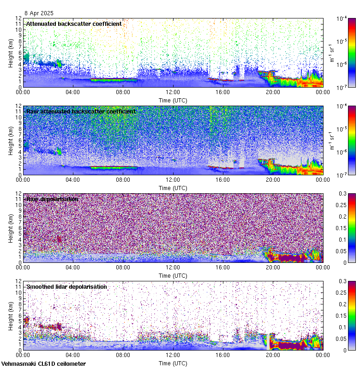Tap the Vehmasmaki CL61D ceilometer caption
tap(43, 364)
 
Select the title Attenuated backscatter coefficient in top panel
tap(74, 24)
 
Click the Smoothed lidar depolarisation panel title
tap(66, 286)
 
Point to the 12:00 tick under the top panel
tap(173, 92)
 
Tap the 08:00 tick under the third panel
tap(123, 268)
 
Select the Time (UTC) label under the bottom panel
tap(173, 363)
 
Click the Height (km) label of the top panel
tap(11, 53)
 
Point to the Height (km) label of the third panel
tap(11, 228)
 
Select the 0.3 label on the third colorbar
tap(342, 194)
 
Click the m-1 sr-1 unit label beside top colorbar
tap(331, 53)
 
